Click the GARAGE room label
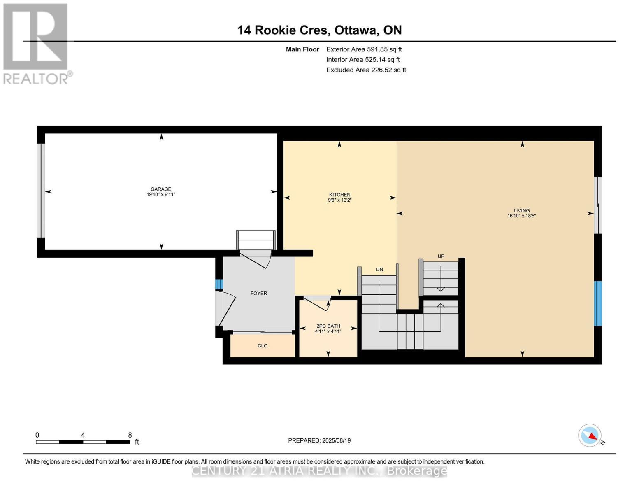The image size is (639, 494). (x=161, y=189)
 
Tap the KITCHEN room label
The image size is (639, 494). (x=339, y=195)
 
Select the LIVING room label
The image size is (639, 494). (x=521, y=210)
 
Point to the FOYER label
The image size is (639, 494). (x=259, y=293)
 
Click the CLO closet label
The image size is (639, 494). (x=263, y=346)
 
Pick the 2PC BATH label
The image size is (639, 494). (x=328, y=326)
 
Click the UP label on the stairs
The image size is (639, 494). (x=441, y=256)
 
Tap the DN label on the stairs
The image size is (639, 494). (x=379, y=270)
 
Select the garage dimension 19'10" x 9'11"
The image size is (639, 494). (x=161, y=195)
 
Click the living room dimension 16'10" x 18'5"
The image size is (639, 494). (x=521, y=216)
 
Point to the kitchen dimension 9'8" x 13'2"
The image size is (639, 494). (x=339, y=200)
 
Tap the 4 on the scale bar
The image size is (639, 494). (x=83, y=435)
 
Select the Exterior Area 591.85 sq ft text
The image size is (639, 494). (x=364, y=49)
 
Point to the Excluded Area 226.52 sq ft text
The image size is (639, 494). (x=366, y=70)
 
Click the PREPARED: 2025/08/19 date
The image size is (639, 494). (x=319, y=440)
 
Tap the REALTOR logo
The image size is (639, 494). (x=36, y=43)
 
